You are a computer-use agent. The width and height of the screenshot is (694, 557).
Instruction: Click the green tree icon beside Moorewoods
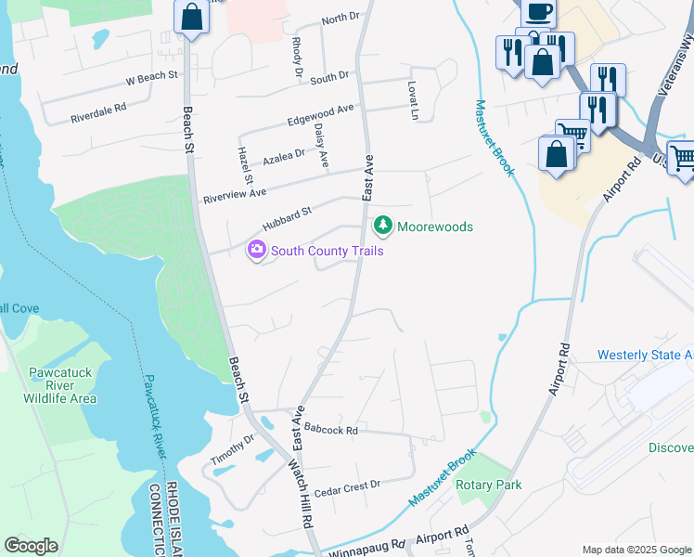point(381,226)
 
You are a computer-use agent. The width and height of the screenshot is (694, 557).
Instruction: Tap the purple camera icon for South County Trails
point(255,250)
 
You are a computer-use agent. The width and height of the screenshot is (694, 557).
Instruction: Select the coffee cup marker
point(538,11)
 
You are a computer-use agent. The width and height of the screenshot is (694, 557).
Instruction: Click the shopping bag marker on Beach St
point(191,18)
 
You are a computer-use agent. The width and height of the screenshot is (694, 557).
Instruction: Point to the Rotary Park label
point(488,485)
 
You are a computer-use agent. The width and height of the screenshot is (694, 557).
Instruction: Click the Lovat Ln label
point(414,94)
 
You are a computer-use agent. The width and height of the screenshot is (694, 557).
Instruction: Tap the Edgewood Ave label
point(321,115)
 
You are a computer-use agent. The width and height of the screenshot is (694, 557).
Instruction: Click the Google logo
point(31,546)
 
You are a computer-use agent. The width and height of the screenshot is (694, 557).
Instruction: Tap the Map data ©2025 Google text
point(636,550)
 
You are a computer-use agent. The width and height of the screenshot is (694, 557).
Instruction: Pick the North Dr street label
point(340,19)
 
